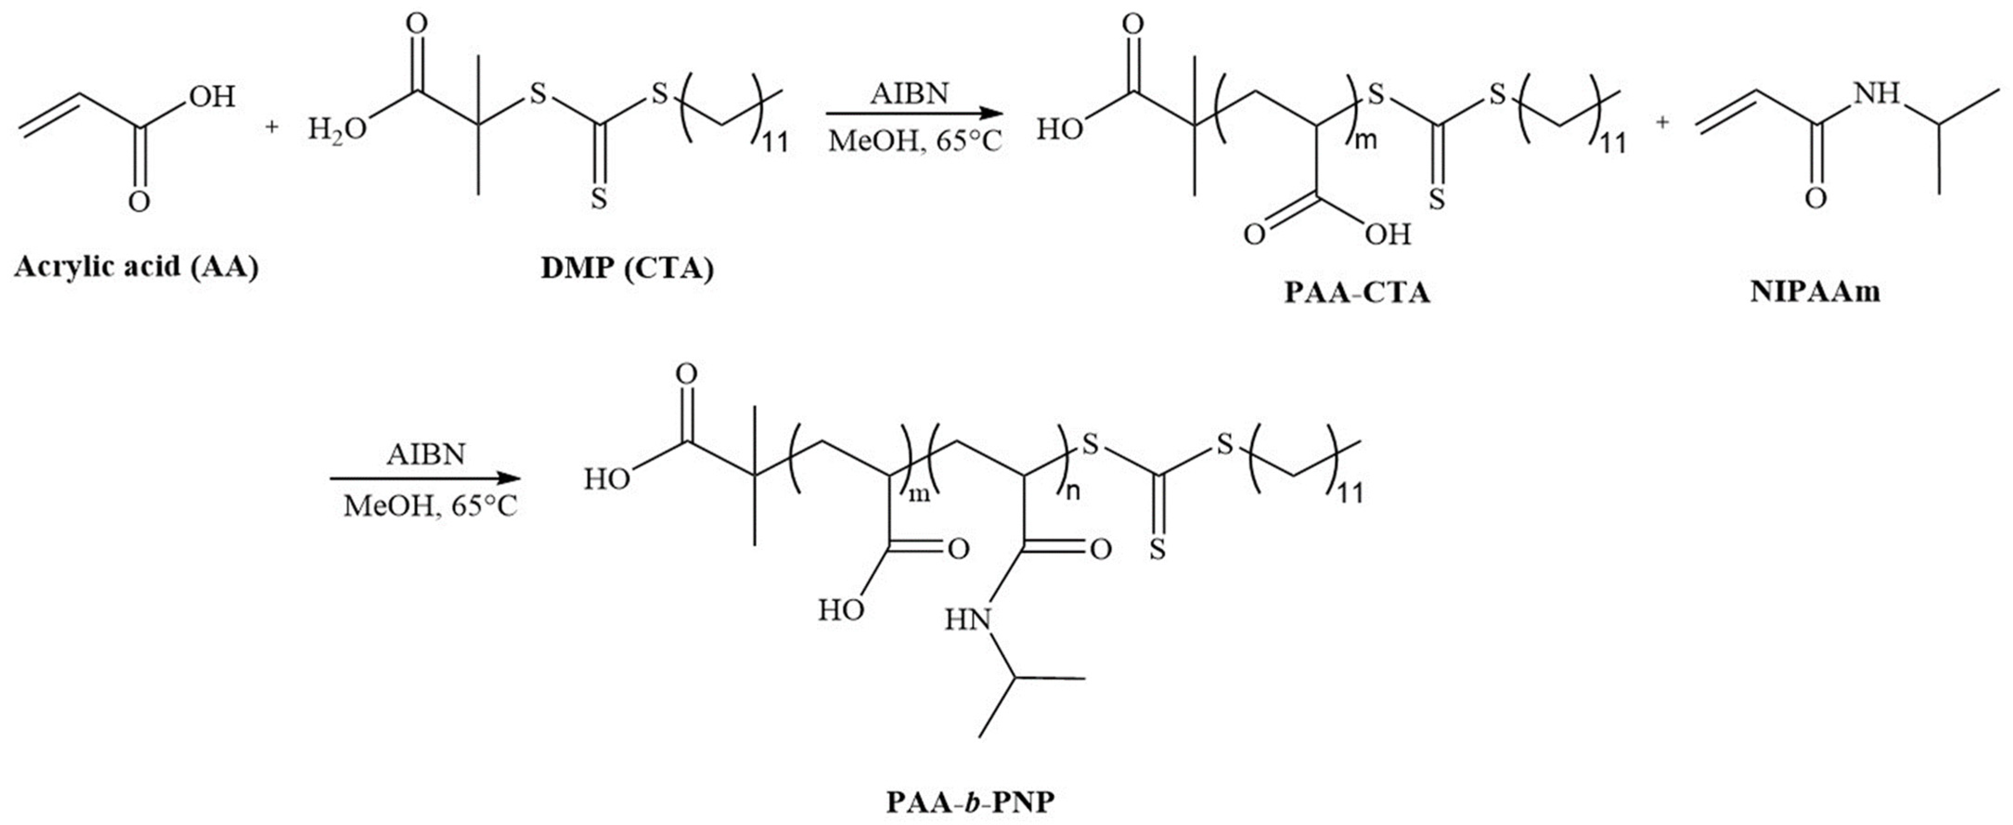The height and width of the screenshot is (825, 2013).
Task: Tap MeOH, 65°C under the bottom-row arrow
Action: point(430,506)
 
